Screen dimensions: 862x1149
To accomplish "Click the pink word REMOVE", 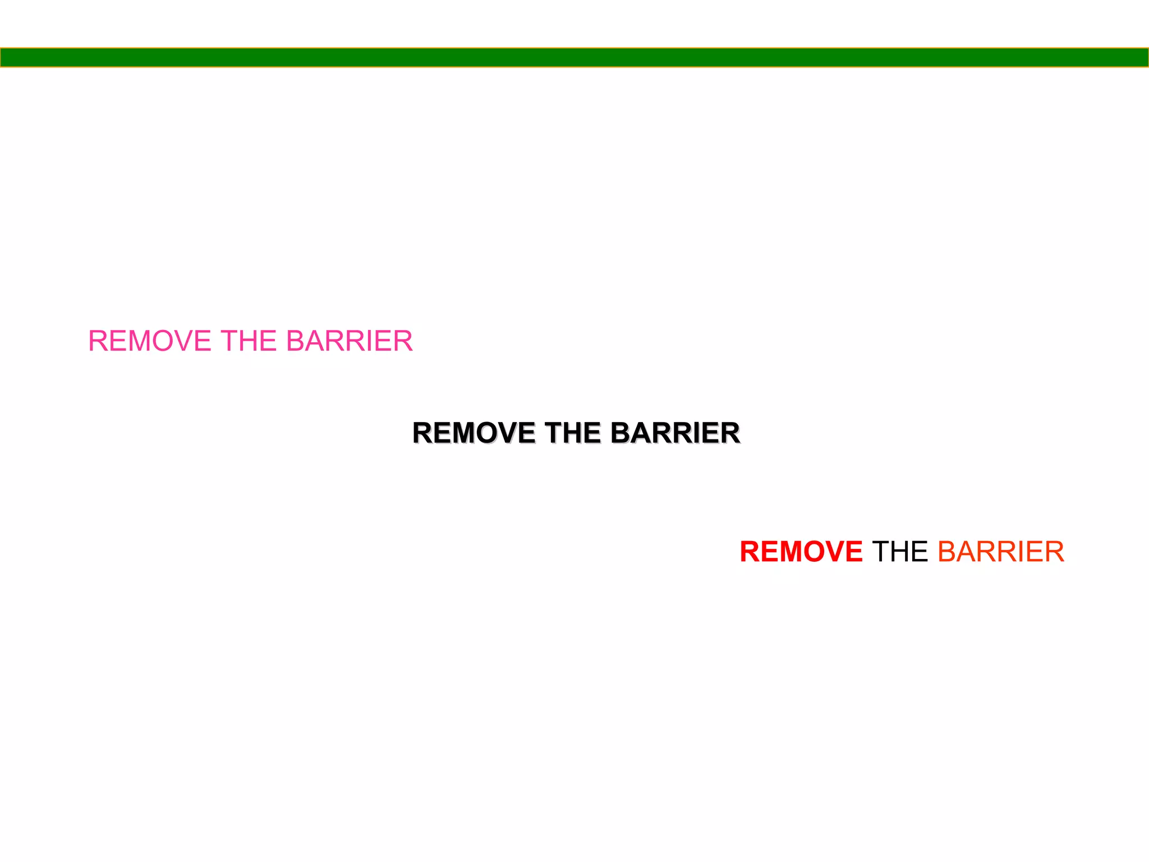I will click(x=149, y=341).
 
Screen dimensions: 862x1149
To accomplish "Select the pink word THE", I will click(x=249, y=341).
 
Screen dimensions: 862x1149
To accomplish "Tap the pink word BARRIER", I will click(x=349, y=341).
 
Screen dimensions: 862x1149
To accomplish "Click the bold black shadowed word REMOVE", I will click(x=474, y=433).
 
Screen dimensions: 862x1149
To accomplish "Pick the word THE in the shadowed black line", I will click(x=573, y=433).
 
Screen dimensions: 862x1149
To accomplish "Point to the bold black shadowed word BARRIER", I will click(x=675, y=433).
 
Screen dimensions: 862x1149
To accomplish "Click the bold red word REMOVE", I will click(x=801, y=552).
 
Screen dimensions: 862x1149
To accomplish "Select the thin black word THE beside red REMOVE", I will click(x=900, y=552).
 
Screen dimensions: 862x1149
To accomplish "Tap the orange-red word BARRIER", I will click(x=1000, y=552).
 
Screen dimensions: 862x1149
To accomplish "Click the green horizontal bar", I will click(x=574, y=57).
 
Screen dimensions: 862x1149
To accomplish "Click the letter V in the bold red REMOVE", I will click(x=832, y=552).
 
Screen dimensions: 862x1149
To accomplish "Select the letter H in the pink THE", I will click(x=250, y=341).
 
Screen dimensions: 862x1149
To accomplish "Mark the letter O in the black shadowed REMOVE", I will click(x=486, y=433).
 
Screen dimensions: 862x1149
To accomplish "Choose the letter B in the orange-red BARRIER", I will click(x=946, y=552).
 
